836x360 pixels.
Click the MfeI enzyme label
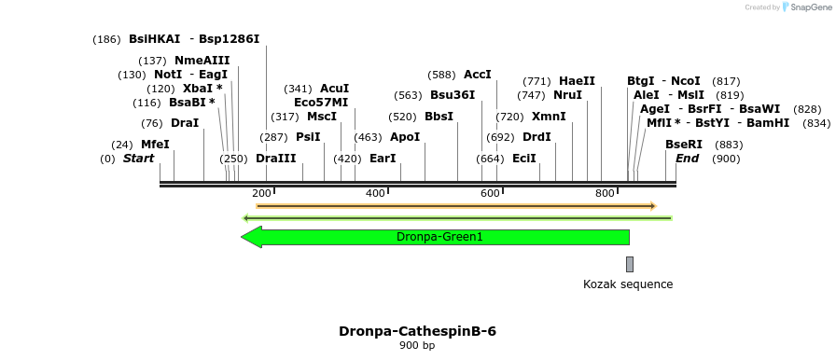[x=155, y=145]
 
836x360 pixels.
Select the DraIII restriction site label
[x=275, y=159]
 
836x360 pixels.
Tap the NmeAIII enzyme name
[x=202, y=61]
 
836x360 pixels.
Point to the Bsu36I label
[x=453, y=95]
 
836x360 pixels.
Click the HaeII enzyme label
[x=577, y=81]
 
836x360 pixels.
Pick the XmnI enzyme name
[x=549, y=117]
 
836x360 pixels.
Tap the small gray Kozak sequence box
[x=630, y=264]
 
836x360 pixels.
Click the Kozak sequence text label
[x=628, y=284]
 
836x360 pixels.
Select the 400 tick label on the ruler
[x=375, y=193]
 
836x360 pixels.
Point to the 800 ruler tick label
[x=605, y=193]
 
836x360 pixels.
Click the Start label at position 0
[x=138, y=159]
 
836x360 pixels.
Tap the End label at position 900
[x=687, y=159]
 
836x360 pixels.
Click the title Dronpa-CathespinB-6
[x=417, y=331]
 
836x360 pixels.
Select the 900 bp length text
[x=417, y=346]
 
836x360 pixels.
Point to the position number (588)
[x=442, y=75]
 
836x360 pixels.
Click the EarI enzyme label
[x=383, y=159]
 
